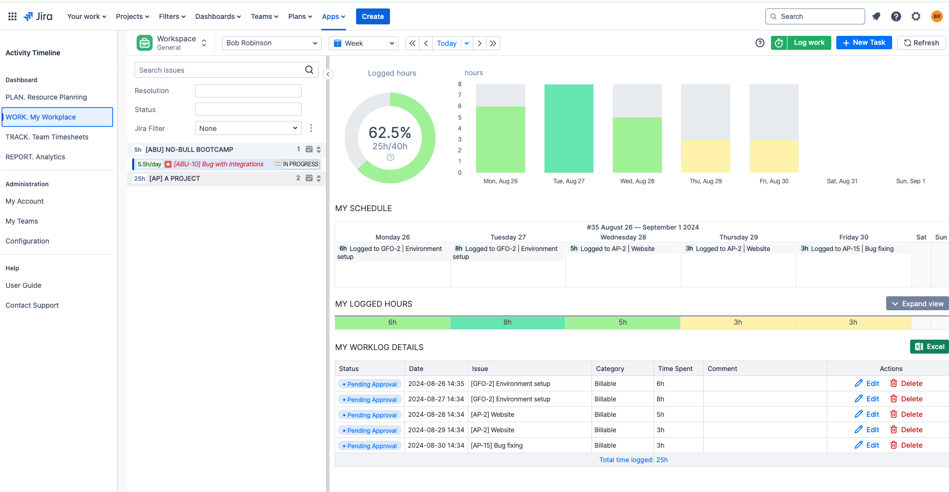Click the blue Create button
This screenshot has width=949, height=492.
pos(373,16)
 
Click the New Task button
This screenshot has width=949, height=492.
pos(864,43)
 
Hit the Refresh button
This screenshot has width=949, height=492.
pos(921,43)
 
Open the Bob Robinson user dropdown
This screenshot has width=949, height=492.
pos(271,43)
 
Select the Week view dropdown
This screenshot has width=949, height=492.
pos(363,43)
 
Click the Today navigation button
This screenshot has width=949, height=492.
pos(446,43)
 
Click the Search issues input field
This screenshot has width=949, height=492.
pos(219,70)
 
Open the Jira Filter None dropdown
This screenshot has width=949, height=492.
pos(248,128)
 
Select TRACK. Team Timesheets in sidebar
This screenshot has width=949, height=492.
pos(47,137)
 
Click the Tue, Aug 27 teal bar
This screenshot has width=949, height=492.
pos(569,128)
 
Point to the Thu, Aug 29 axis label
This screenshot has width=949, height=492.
pos(705,181)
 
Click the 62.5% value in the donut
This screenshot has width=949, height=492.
pos(389,132)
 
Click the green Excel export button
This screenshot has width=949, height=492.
pos(929,347)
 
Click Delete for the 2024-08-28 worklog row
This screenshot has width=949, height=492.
pos(906,414)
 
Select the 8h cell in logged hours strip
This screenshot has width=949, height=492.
pos(507,323)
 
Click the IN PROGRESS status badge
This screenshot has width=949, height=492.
pos(300,164)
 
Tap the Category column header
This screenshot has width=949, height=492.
pos(609,369)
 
